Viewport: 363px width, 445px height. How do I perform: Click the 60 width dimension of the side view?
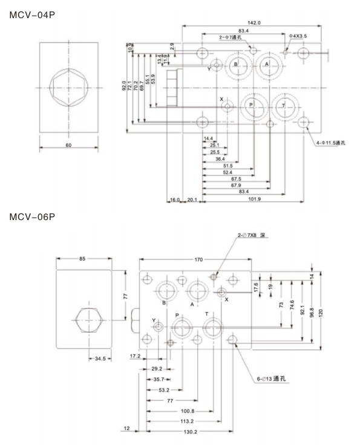[68, 146]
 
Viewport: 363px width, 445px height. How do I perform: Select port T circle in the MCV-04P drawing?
[283, 106]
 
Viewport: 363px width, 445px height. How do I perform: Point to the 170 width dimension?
[197, 261]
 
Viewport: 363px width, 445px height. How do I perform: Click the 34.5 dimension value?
[99, 359]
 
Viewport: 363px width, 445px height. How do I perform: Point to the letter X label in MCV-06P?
[227, 299]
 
